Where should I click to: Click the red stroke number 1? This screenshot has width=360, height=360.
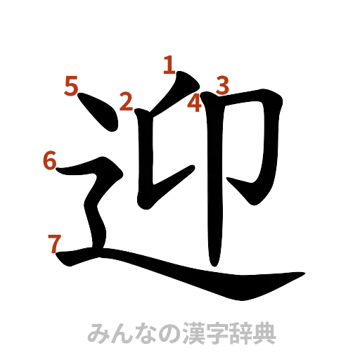coord(169,65)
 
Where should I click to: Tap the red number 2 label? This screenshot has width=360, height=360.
coord(127,102)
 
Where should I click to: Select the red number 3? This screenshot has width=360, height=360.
coord(221,86)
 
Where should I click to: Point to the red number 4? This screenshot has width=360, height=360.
coord(195,104)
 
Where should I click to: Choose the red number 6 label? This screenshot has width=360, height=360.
coord(49,160)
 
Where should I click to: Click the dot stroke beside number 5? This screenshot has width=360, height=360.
coord(98,115)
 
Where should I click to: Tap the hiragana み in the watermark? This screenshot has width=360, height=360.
coord(96,333)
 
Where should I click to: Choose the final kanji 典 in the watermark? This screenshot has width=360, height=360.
coord(264,333)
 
